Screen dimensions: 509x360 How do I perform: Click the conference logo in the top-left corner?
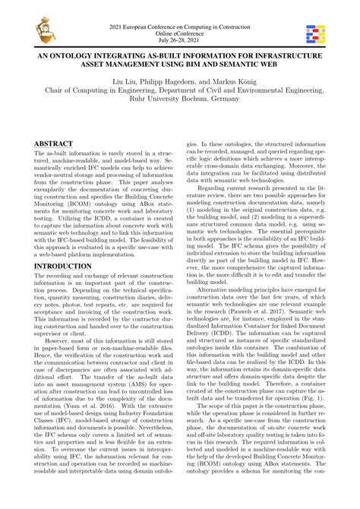(x=35, y=30)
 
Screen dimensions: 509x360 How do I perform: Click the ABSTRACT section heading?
(x=53, y=144)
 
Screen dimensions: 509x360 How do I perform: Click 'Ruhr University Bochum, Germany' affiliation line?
(x=180, y=107)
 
